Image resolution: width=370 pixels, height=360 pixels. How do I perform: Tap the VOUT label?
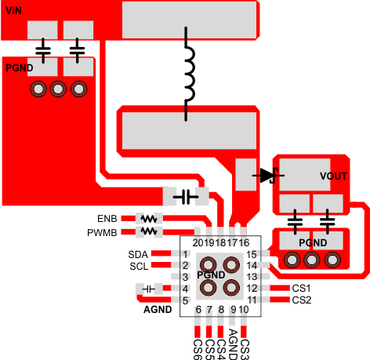point(334,176)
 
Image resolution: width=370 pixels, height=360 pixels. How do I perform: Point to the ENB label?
point(108,219)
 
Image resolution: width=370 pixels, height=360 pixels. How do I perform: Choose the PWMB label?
point(103,232)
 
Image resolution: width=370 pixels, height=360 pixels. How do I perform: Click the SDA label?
point(137,254)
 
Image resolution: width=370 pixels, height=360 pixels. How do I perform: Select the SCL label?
point(137,266)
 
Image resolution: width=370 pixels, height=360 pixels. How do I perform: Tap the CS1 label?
point(302,289)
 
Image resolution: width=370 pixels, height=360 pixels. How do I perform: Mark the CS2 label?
point(302,300)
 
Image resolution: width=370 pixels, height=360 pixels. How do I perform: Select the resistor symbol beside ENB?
point(148,219)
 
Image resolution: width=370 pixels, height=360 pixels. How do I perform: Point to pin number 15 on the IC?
point(252,254)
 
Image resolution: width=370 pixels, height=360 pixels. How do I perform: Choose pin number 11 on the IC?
point(252,300)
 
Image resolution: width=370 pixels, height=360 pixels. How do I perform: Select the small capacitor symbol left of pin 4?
point(149,289)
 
